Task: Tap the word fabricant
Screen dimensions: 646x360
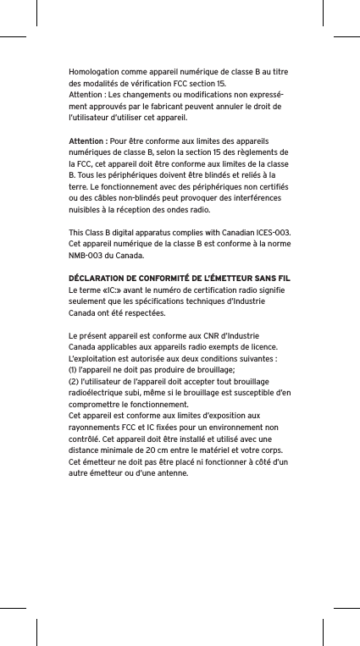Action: coord(176,108)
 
